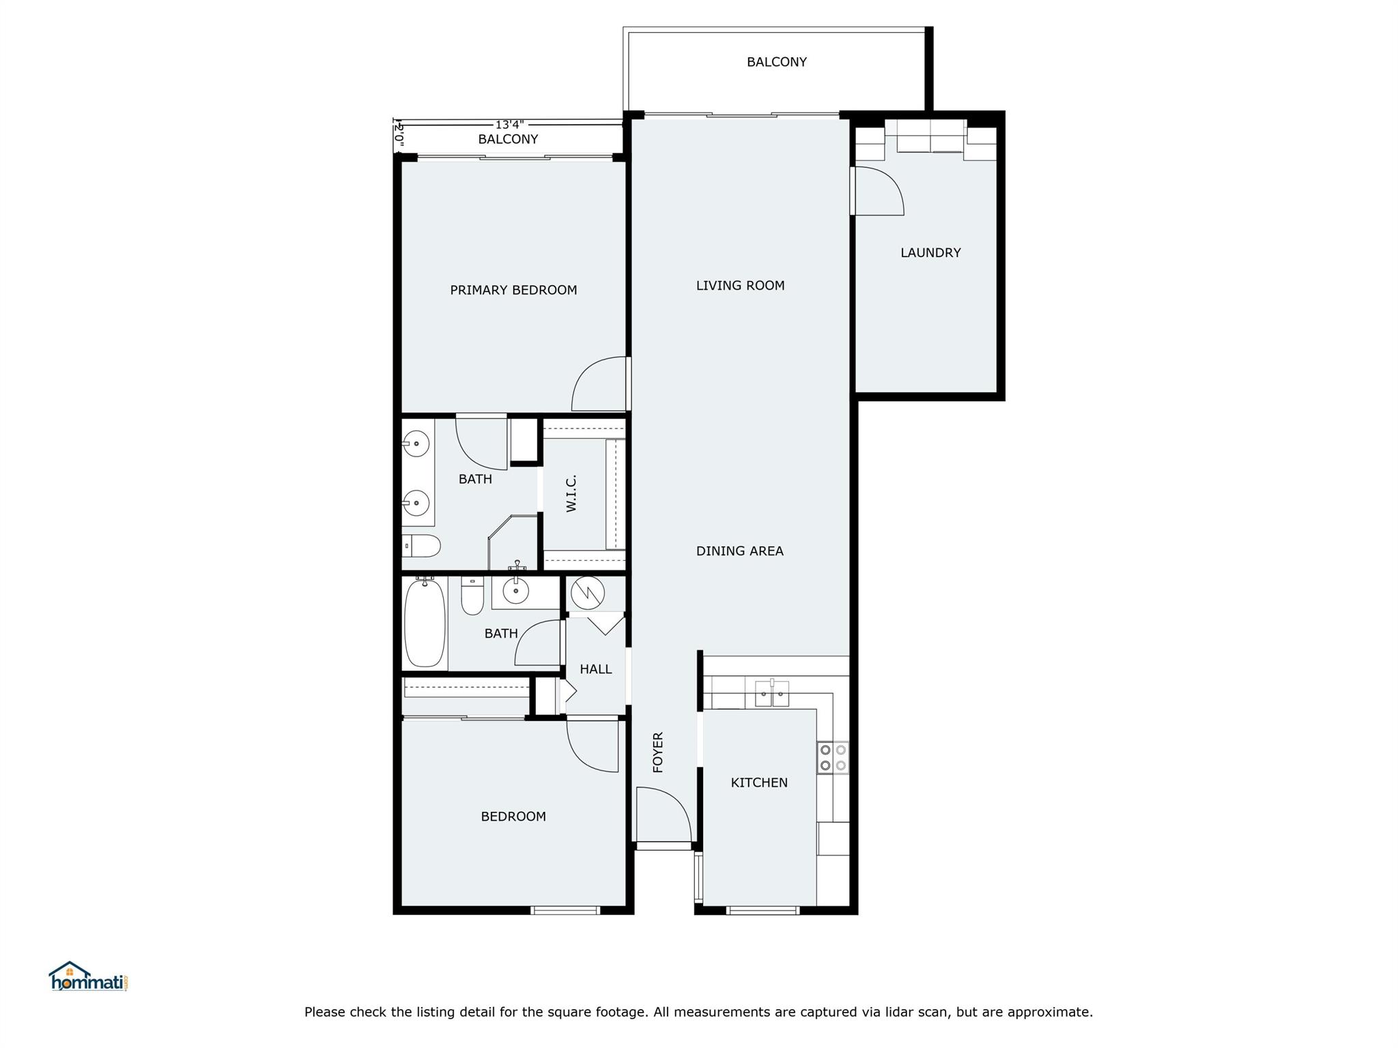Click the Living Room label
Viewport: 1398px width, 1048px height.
point(740,286)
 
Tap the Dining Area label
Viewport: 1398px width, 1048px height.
point(739,551)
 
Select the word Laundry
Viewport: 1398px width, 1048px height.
point(930,252)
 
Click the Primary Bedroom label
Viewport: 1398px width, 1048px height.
point(513,290)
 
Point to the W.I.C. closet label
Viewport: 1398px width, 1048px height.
point(571,493)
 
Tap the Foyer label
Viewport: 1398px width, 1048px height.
point(658,752)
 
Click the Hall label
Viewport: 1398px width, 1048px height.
point(595,669)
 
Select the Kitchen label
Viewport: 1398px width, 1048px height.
point(759,783)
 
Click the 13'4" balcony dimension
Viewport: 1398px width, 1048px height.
point(509,125)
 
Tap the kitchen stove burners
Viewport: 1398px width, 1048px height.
point(833,757)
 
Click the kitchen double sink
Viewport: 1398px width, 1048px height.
point(772,694)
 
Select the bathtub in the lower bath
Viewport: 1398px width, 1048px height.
point(425,622)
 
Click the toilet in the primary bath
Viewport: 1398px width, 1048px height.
point(420,546)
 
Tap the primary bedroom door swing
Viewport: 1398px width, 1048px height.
point(599,385)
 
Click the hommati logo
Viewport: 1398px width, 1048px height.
point(88,977)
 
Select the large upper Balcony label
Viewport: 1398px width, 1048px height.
point(776,62)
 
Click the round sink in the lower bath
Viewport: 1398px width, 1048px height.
point(515,591)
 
